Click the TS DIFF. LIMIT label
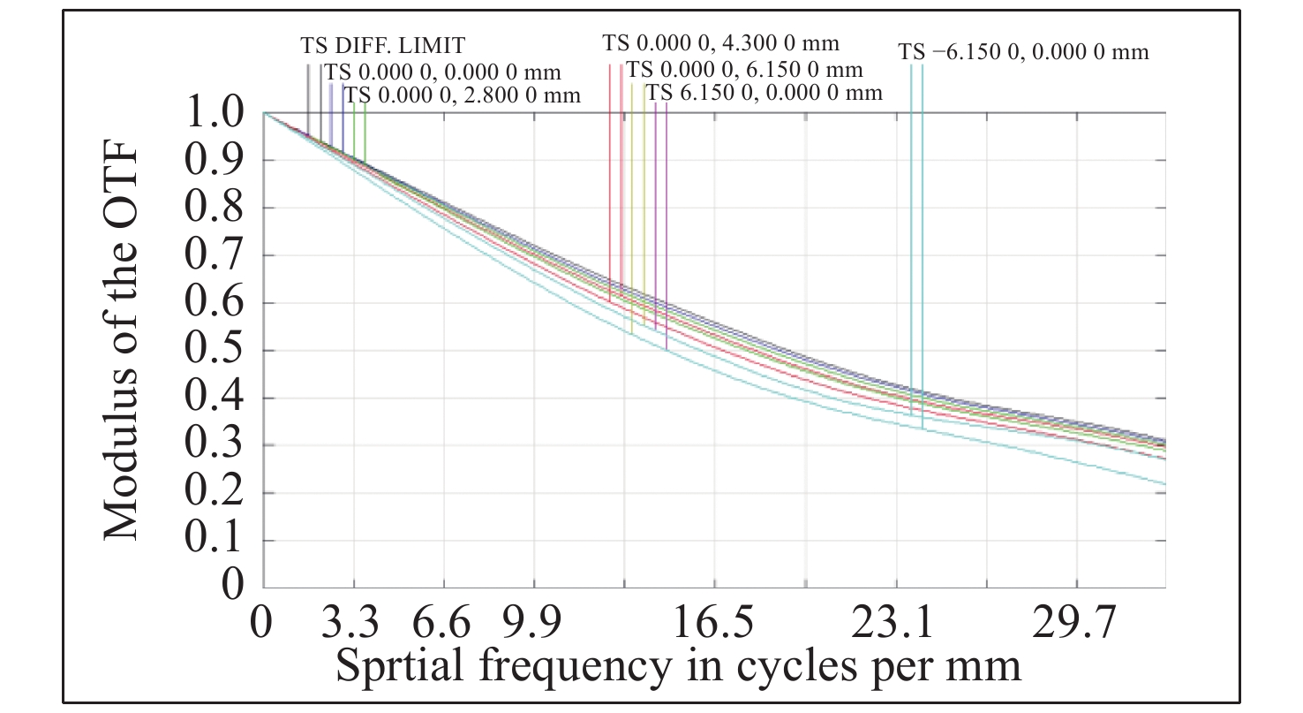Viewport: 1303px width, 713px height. [382, 45]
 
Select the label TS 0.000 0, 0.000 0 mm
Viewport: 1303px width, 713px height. [442, 72]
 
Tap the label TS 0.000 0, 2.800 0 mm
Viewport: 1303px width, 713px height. [463, 95]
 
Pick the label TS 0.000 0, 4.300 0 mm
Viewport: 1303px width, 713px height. [720, 42]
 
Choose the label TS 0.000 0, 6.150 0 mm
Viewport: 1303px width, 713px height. [744, 69]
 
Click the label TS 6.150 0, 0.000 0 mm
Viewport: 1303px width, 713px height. [764, 93]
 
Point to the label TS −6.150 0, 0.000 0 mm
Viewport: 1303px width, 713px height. [1024, 52]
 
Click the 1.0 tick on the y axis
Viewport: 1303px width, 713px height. [215, 114]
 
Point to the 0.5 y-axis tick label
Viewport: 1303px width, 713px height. [215, 351]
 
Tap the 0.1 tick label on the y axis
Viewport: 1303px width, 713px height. [215, 541]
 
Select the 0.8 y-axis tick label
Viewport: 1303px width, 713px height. [215, 209]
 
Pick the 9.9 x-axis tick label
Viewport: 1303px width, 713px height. [534, 625]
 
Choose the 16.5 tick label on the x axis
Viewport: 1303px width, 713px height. [713, 625]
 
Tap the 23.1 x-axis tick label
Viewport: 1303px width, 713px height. [894, 625]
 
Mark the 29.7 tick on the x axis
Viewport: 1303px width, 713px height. [1076, 625]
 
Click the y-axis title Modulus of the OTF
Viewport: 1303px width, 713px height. [122, 345]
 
